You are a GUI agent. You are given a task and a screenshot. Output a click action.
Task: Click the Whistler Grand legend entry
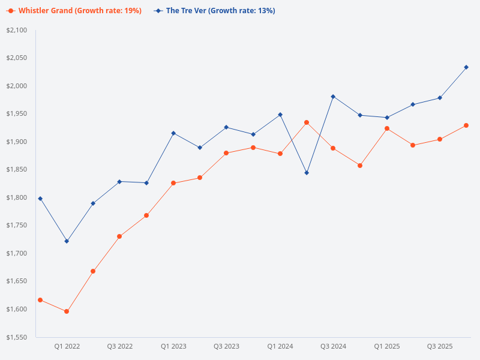(74, 11)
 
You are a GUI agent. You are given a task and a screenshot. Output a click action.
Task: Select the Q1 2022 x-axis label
(67, 346)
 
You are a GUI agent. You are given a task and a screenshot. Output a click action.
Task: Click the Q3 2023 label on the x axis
(226, 346)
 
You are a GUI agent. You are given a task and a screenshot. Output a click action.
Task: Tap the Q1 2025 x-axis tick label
(387, 346)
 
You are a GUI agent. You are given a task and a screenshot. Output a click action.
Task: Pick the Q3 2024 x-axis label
(333, 346)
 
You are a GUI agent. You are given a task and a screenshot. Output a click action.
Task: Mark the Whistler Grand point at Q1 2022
(67, 311)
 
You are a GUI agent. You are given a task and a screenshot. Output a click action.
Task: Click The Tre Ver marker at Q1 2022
(67, 241)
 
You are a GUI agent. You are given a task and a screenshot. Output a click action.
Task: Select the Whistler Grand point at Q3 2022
(119, 236)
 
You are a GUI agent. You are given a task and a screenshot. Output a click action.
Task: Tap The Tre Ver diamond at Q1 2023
(173, 133)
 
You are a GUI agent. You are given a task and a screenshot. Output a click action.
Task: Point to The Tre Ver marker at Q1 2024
(280, 115)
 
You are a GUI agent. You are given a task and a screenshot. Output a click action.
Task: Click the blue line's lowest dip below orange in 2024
(307, 173)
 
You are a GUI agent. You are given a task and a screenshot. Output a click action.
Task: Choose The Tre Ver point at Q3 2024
(333, 97)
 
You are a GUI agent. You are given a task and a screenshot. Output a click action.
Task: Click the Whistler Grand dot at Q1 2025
(387, 128)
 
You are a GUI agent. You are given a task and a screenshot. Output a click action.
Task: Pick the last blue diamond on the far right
(466, 67)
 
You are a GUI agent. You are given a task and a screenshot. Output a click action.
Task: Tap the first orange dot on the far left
(40, 300)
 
